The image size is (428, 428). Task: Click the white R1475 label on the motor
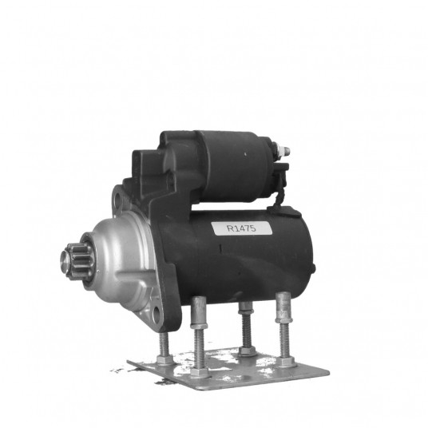[x=242, y=228]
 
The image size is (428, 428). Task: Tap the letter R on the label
[x=231, y=228]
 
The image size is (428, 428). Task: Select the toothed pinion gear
[x=77, y=261]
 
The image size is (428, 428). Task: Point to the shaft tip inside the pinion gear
[x=65, y=260]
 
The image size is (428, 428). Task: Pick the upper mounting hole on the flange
[x=119, y=199]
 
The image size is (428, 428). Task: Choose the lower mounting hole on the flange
[x=157, y=315]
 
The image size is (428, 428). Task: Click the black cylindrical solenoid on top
[x=235, y=167]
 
